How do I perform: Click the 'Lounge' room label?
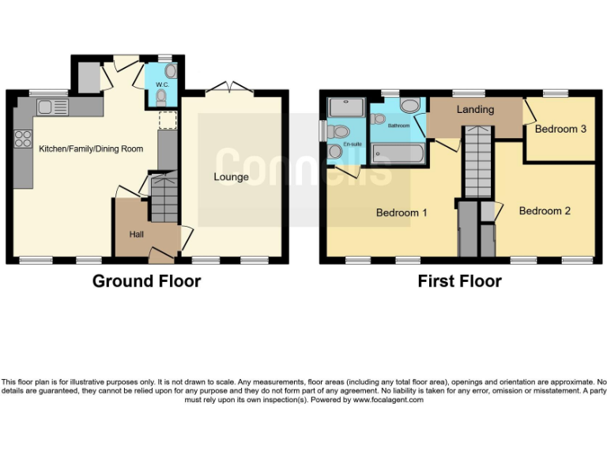pos(231,177)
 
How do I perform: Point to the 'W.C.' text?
pos(163,84)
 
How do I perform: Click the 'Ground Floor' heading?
pos(146,281)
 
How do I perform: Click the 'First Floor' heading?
pos(459,281)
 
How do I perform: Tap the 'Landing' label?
pos(475,110)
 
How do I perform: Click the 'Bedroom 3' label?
pos(560,129)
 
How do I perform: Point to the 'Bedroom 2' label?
pos(545,211)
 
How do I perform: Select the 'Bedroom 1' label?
pos(402,212)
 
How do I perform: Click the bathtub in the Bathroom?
pos(398,152)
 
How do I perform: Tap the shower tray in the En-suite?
pos(345,107)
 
